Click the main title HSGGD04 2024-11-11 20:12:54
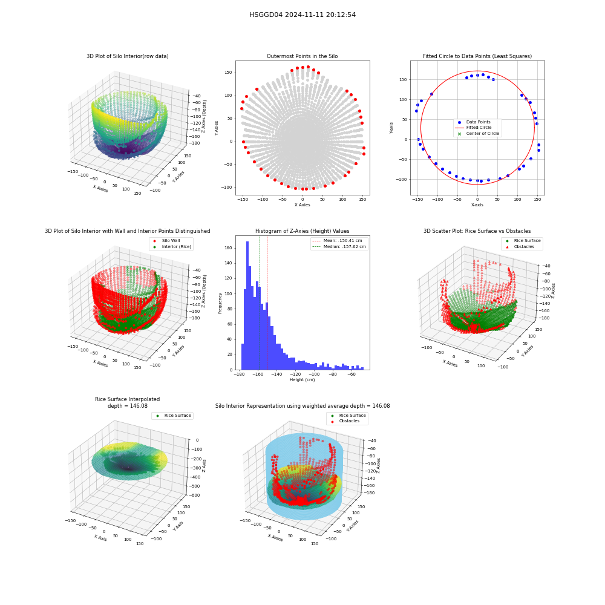click(302, 15)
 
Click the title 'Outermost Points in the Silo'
click(302, 56)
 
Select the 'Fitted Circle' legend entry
click(474, 128)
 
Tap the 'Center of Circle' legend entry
click(477, 134)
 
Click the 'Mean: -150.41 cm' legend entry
click(337, 241)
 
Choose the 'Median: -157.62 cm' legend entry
click(339, 247)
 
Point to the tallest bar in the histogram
click(247, 306)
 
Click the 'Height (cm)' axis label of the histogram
click(302, 380)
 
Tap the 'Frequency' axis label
click(220, 303)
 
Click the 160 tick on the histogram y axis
click(228, 248)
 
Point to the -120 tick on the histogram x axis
click(295, 374)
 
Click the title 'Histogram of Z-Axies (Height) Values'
click(302, 231)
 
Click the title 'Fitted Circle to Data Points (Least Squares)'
click(477, 56)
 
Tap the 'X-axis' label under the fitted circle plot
click(477, 205)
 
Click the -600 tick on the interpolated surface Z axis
click(195, 495)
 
